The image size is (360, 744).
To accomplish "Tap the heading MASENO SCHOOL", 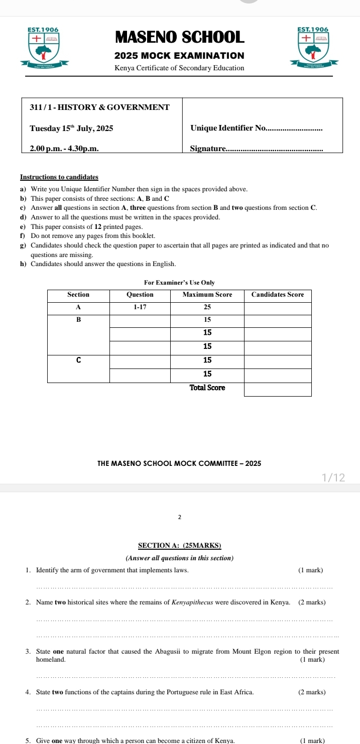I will pos(180,37).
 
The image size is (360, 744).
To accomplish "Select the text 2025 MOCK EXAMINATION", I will pos(180,56).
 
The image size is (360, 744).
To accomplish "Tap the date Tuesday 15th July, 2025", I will pos(71,129).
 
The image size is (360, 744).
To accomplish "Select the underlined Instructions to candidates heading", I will pos(59,177).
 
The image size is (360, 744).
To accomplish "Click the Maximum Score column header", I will pos(207,295).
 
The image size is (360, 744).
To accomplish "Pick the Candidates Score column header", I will pos(278,295).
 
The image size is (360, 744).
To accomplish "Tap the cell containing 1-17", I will pos(140,307).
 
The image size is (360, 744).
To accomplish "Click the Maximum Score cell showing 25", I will pos(207,307).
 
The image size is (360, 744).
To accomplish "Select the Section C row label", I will pos(78,360).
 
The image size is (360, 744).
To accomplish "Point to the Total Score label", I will pos(207,388).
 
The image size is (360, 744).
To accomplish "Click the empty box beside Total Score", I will pos(278,389).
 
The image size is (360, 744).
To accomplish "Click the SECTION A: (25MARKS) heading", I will pos(180,546).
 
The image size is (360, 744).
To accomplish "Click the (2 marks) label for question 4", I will pos(312,692).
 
